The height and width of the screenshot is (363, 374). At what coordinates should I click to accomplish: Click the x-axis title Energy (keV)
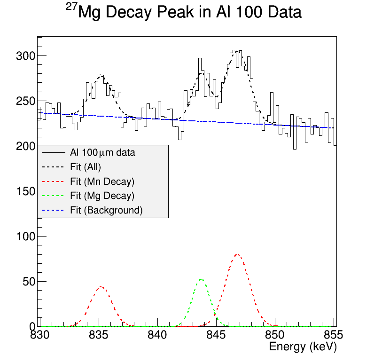click(303, 347)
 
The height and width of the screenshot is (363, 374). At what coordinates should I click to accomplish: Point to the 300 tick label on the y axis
click(25, 56)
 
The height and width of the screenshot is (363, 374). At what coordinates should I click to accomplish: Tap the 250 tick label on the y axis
click(25, 101)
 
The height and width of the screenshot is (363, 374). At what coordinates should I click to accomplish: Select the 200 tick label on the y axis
click(25, 146)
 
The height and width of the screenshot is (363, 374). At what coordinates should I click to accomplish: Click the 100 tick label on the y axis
click(25, 236)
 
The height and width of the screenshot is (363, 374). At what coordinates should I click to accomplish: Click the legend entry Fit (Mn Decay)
click(102, 181)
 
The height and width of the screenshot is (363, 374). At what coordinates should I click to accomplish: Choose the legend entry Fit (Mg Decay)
click(102, 196)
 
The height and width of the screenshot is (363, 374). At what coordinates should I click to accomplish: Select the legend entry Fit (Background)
click(106, 210)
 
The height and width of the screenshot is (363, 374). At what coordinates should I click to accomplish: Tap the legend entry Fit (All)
click(86, 167)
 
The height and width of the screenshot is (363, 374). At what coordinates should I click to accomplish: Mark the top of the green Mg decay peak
click(201, 279)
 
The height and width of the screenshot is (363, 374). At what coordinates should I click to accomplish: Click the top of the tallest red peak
click(237, 254)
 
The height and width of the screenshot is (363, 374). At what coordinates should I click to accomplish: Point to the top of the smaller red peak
click(101, 286)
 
